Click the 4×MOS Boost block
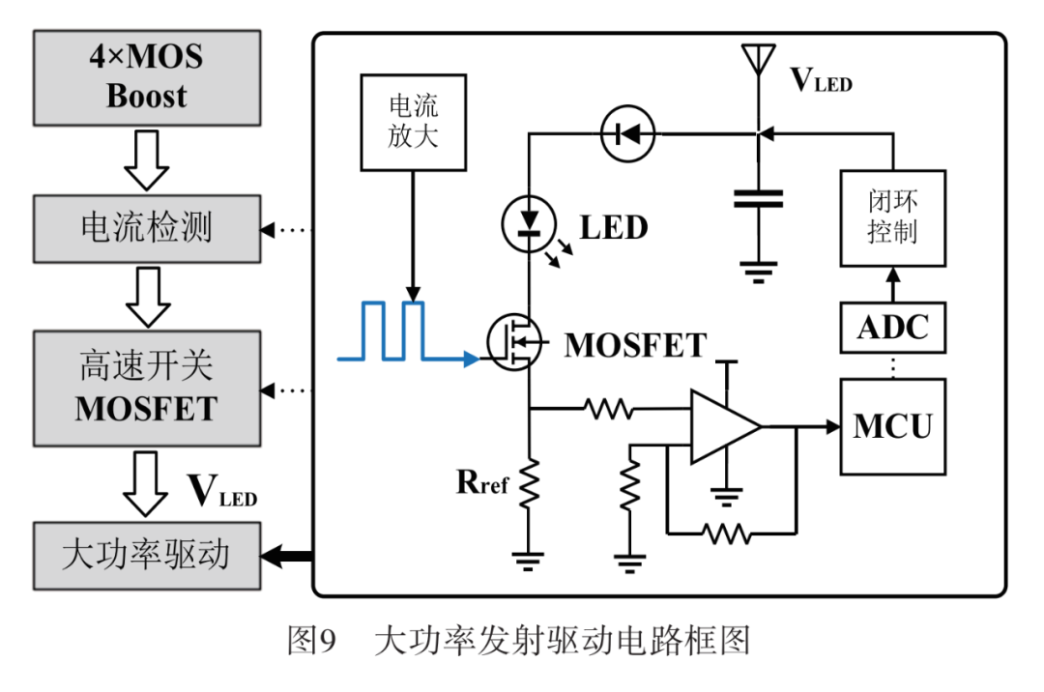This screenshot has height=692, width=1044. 147,77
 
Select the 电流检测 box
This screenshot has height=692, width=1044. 147,228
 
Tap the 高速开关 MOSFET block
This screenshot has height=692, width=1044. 147,389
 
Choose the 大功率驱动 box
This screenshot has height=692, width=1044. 147,555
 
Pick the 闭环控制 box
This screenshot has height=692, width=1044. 891,218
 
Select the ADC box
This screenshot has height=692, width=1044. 891,328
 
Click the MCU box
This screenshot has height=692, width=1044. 891,426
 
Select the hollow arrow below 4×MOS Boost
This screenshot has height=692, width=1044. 147,159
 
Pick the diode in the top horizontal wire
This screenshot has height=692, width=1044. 626,134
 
